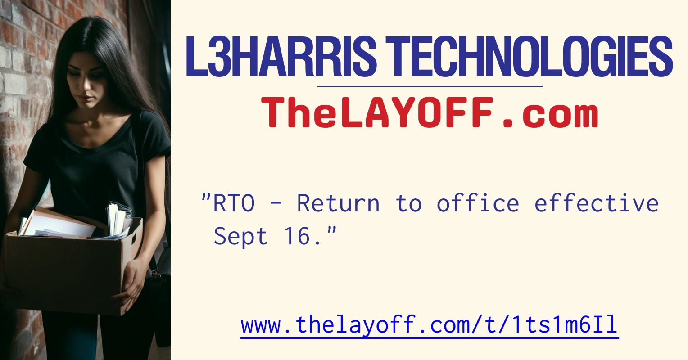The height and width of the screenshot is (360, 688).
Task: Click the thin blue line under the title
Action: pyautogui.click(x=430, y=86)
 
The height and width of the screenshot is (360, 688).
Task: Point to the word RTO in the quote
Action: pyautogui.click(x=234, y=203)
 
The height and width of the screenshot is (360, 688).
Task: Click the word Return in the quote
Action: pyautogui.click(x=338, y=203)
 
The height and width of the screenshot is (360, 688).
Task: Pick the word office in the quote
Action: pyautogui.click(x=478, y=203)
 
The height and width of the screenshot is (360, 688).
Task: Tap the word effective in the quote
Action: pyautogui.click(x=597, y=203)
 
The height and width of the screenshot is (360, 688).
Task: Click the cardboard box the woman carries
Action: pyautogui.click(x=68, y=270)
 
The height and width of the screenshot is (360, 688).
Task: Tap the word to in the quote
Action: pyautogui.click(x=408, y=203)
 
